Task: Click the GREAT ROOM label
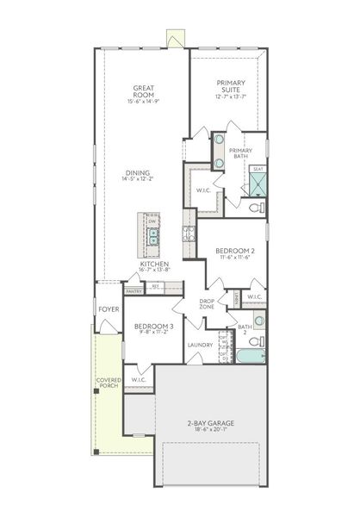[x=142, y=92]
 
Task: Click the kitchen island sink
[x=151, y=237]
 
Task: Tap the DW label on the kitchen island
[x=152, y=221]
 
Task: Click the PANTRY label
[x=133, y=291]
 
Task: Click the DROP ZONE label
[x=207, y=304]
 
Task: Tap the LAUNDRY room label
[x=200, y=345]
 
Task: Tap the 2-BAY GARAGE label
[x=211, y=426]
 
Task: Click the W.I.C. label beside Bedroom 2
[x=254, y=296]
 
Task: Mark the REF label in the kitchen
[x=156, y=286]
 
